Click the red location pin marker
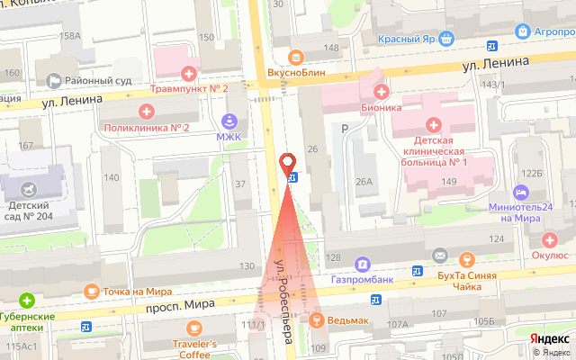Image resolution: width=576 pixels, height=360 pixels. click(x=289, y=164)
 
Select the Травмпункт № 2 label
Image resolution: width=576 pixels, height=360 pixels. click(x=188, y=87)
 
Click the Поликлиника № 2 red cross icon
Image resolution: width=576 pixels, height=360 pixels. click(x=147, y=111)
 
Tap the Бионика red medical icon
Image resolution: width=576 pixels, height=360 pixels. click(x=382, y=91)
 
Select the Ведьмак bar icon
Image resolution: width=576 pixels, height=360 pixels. click(x=316, y=320)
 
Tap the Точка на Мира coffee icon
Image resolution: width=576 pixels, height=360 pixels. click(x=91, y=291)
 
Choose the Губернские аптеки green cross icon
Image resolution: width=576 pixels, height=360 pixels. click(x=28, y=300)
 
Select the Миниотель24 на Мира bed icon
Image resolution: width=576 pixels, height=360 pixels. click(x=520, y=193)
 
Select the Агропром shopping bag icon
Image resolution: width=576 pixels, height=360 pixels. click(x=522, y=31)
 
